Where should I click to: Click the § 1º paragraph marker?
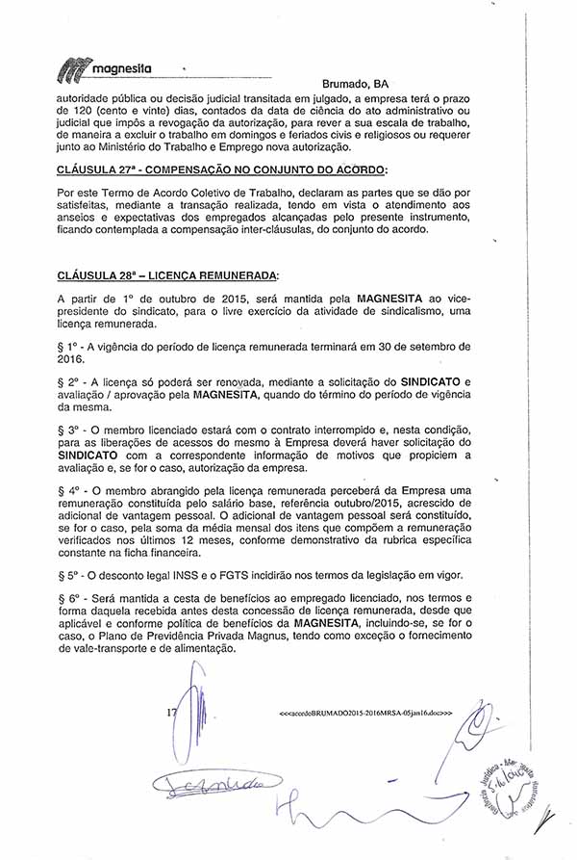70,345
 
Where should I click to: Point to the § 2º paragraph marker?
70,382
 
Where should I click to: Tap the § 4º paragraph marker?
70,490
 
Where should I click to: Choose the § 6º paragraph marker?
70,599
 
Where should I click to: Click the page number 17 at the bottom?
171,713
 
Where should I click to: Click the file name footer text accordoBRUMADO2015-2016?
364,715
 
